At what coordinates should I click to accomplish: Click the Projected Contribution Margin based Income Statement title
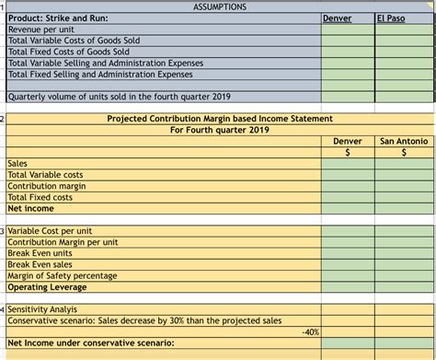pyautogui.click(x=221, y=119)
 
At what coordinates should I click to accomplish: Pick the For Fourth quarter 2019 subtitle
pyautogui.click(x=221, y=130)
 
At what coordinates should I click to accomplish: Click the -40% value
pyautogui.click(x=309, y=331)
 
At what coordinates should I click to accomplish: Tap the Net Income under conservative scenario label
pyautogui.click(x=91, y=343)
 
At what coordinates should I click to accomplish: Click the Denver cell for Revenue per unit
pyautogui.click(x=347, y=29)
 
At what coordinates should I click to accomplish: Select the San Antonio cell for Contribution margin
pyautogui.click(x=404, y=186)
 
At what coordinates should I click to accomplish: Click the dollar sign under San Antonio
pyautogui.click(x=404, y=152)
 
